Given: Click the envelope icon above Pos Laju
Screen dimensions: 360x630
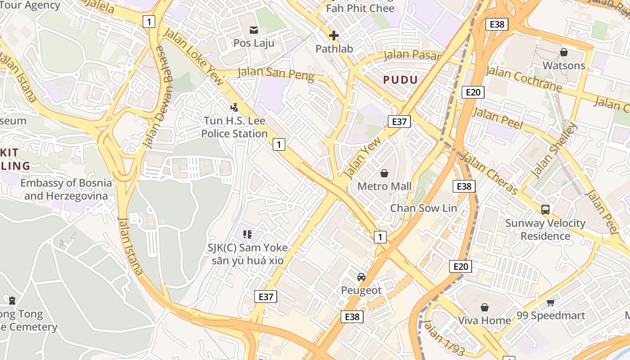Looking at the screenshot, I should click(x=254, y=30).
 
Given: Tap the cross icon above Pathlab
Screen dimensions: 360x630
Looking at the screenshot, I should click(x=334, y=36).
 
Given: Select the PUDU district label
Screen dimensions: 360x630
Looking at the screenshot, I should click(x=400, y=80).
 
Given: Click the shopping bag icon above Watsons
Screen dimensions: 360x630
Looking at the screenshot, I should click(x=564, y=52).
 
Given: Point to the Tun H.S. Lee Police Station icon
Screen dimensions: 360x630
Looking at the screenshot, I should click(x=234, y=108).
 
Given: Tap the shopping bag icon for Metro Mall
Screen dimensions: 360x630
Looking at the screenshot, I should click(x=384, y=173).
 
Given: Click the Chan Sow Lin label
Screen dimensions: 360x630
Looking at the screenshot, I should click(x=423, y=208).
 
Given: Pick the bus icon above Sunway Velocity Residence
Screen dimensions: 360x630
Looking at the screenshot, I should click(x=545, y=209).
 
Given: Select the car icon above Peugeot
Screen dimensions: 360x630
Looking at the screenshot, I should click(x=361, y=277).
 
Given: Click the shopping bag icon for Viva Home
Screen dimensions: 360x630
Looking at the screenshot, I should click(x=485, y=307).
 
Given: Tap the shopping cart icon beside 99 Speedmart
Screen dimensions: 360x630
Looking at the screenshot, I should click(x=550, y=302).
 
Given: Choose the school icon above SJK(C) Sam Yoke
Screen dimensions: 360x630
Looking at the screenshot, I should click(x=247, y=234).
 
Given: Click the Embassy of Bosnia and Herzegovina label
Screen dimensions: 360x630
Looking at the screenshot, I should click(x=66, y=189).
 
